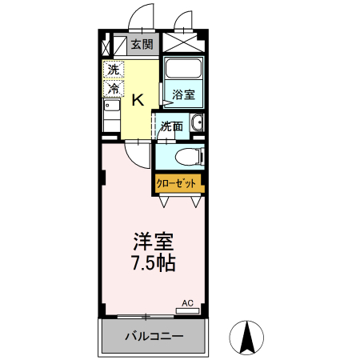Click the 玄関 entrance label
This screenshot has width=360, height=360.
142,45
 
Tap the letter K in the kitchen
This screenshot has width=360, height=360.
138,99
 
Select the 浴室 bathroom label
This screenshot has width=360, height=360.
182,95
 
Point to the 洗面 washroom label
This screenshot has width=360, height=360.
170,126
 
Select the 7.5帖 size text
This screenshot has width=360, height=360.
151,262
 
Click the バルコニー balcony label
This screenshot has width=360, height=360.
154,336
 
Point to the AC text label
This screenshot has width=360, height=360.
188,302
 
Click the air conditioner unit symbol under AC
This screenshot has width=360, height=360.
186,310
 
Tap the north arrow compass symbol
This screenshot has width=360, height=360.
247,338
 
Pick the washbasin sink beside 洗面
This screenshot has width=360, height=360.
197,124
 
